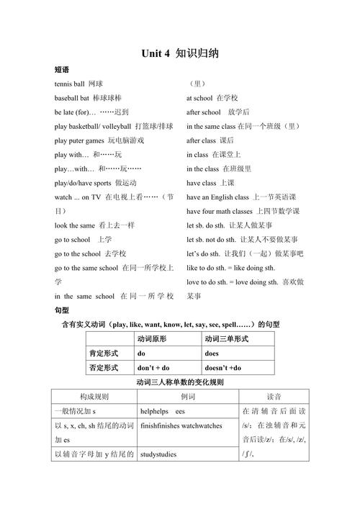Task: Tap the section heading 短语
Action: pos(61,70)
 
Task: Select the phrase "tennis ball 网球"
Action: pos(78,84)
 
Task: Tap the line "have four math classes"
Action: pos(243,211)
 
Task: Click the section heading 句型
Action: pos(61,310)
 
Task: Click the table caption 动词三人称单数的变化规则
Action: pos(180,382)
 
